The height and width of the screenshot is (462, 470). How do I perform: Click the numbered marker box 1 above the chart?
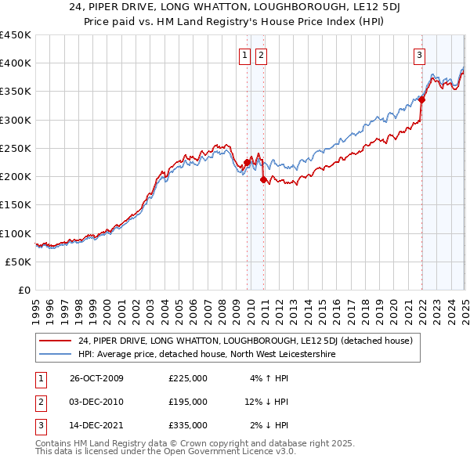tap(245, 55)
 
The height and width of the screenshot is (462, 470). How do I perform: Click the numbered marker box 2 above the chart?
tap(260, 55)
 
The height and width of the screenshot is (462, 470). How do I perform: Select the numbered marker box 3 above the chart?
tap(420, 55)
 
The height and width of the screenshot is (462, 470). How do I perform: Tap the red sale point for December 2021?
tap(421, 99)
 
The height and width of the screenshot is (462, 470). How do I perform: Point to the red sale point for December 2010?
tap(263, 179)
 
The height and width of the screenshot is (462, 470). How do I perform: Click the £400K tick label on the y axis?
tap(16, 63)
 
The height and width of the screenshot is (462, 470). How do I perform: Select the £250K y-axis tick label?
tap(16, 148)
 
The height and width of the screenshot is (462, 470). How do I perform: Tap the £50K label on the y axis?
tap(19, 262)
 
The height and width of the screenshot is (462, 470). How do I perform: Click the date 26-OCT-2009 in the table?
tap(96, 378)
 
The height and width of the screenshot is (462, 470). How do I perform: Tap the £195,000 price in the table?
tap(188, 402)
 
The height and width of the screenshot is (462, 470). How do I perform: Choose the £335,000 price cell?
tap(188, 425)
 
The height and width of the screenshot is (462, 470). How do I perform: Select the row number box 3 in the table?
tap(40, 425)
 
